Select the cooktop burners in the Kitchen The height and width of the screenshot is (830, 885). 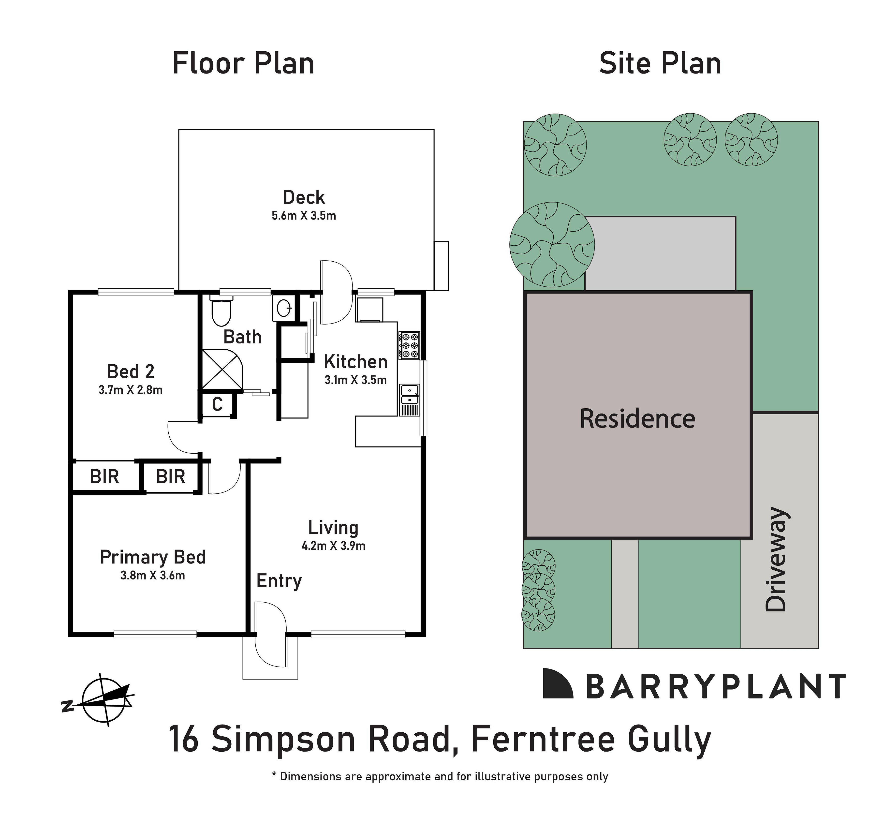409,345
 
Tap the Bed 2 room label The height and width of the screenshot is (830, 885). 131,371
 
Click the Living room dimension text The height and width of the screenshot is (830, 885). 333,546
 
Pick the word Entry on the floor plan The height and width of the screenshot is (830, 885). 279,581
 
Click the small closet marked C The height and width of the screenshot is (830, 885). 217,404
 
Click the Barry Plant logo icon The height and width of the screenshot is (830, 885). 558,683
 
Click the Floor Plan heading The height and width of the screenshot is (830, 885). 243,64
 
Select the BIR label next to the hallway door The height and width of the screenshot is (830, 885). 171,477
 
